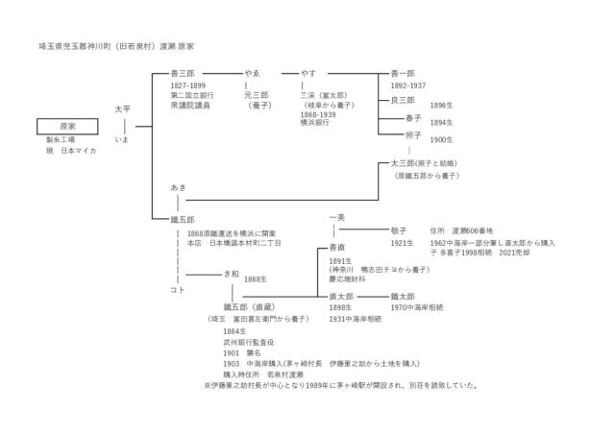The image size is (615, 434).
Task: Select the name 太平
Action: [122, 109]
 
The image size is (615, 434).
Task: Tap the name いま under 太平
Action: [122, 141]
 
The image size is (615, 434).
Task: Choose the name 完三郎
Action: [256, 96]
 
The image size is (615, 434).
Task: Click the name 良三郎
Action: [403, 100]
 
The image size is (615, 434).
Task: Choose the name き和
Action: [231, 273]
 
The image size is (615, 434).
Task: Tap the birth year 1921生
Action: [402, 244]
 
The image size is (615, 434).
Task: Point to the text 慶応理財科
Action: [347, 280]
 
